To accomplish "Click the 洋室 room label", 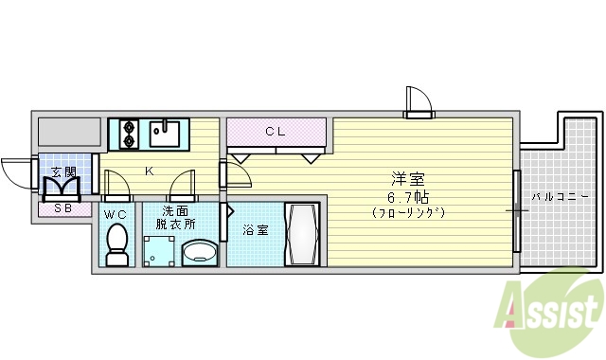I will click(x=408, y=178).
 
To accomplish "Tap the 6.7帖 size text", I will click(x=408, y=196).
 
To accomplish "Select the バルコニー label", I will click(x=559, y=197).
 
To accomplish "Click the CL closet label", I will click(x=275, y=132).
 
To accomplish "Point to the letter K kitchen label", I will click(x=149, y=171).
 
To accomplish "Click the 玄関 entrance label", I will click(x=62, y=171).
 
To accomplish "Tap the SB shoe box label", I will click(x=63, y=208).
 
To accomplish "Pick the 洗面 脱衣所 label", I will click(x=177, y=218).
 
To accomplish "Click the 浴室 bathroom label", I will click(x=255, y=229).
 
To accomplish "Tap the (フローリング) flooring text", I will click(x=408, y=213).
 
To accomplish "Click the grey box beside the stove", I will click(x=69, y=133).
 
